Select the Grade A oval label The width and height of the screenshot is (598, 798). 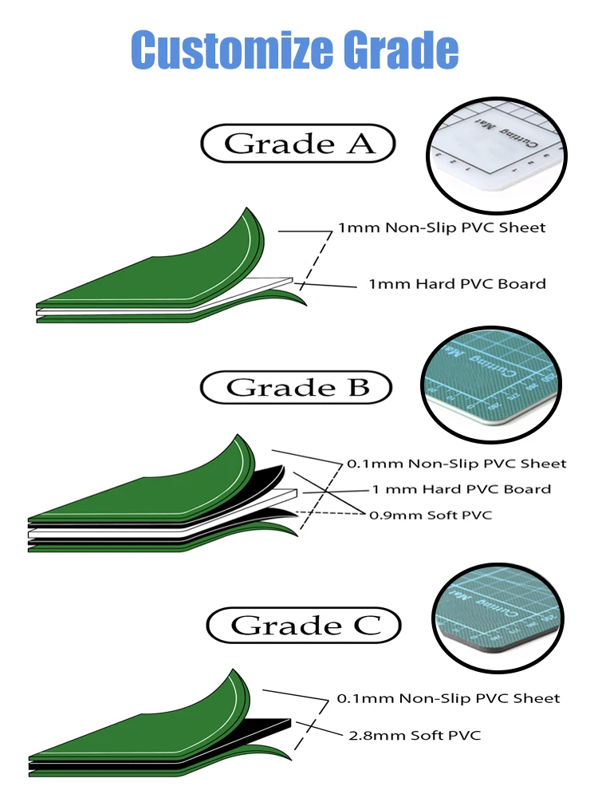tap(298, 144)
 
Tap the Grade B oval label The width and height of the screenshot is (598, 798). tap(297, 388)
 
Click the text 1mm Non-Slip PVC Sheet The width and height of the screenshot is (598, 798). tap(442, 227)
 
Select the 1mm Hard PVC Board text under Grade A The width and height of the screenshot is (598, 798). tap(457, 283)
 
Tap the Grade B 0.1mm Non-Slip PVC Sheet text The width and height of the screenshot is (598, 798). tap(456, 463)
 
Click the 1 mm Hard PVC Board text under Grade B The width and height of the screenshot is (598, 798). tap(461, 489)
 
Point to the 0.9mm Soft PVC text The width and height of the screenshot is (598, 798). tap(430, 515)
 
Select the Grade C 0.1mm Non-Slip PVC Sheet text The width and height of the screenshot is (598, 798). tap(448, 698)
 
